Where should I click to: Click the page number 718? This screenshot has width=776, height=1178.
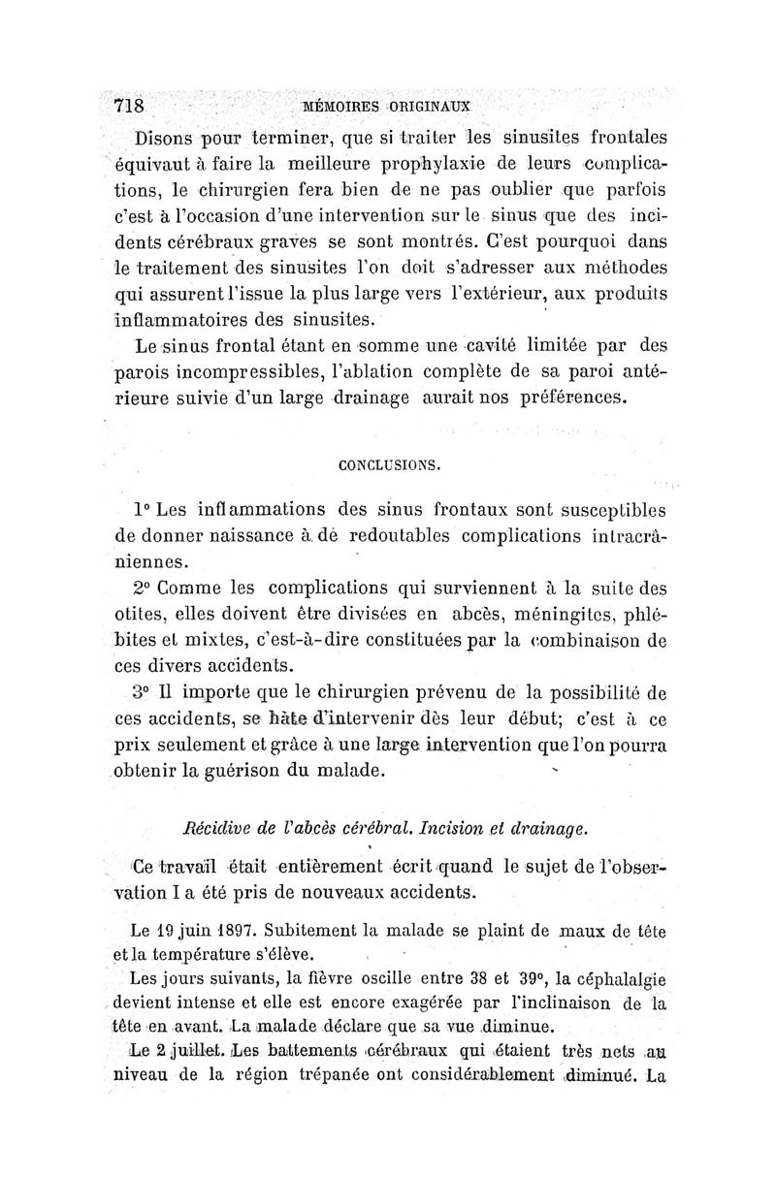129,104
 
